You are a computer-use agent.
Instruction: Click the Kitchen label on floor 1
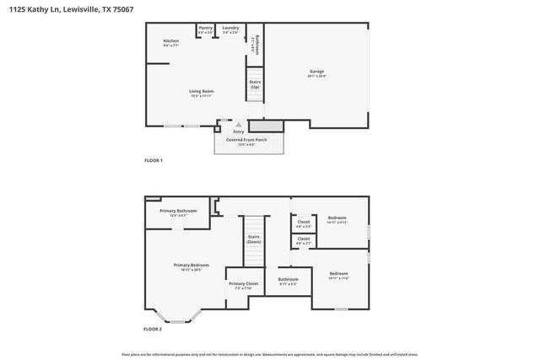171,42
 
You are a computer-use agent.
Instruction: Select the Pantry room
206,30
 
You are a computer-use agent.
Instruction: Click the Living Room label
201,93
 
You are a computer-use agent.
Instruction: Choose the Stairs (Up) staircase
254,86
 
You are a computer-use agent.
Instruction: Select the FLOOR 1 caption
154,160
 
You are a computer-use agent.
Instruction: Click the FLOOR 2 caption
153,329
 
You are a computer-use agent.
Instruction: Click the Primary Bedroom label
192,267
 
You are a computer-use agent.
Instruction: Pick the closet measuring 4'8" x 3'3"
304,223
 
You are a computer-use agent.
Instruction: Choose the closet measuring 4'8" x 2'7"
304,240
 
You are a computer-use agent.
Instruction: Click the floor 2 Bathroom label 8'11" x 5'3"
289,281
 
